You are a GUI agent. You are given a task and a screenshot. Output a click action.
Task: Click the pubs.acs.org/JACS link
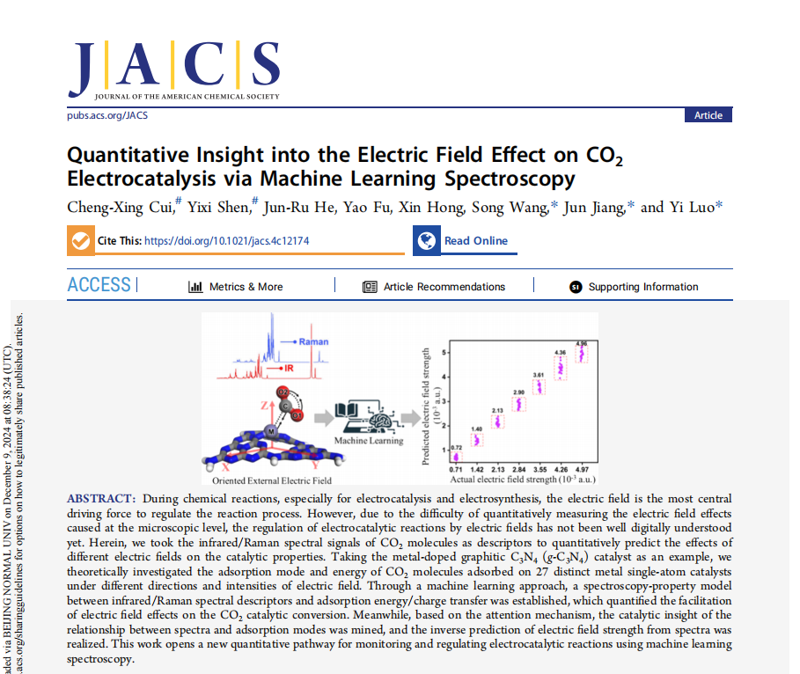pyautogui.click(x=107, y=115)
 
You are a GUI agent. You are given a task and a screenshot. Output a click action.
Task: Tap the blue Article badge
pyautogui.click(x=708, y=115)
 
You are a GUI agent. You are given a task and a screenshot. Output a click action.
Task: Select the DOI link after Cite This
pyautogui.click(x=226, y=240)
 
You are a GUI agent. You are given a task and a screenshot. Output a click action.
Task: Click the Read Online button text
pyautogui.click(x=475, y=240)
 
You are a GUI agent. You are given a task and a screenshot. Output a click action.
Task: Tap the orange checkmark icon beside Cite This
pyautogui.click(x=80, y=240)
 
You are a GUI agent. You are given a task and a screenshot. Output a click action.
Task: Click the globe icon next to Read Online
pyautogui.click(x=427, y=240)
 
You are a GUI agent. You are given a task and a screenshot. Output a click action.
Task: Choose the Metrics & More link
pyautogui.click(x=246, y=287)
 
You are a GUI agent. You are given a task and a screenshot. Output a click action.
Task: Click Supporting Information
pyautogui.click(x=642, y=287)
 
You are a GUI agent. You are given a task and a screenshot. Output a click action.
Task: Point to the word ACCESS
pyautogui.click(x=99, y=285)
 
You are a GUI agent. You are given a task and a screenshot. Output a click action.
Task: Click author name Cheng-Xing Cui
pyautogui.click(x=121, y=208)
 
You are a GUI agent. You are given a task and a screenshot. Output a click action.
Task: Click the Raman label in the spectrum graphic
pyautogui.click(x=313, y=341)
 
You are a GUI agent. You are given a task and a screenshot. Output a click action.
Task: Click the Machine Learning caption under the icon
pyautogui.click(x=369, y=441)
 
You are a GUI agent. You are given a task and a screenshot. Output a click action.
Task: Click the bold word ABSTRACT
pyautogui.click(x=101, y=499)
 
